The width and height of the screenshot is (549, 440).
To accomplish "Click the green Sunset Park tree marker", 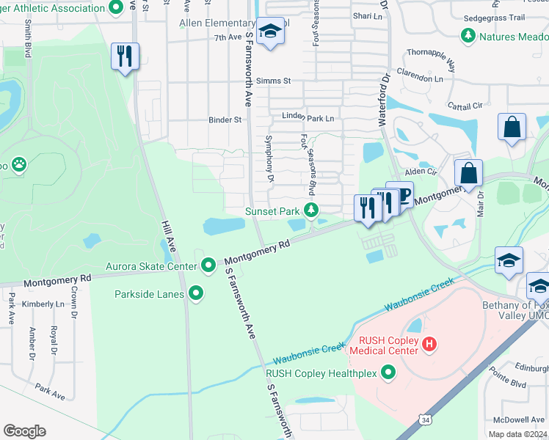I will pyautogui.click(x=312, y=211).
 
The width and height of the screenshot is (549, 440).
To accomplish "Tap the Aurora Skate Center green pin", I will pyautogui.click(x=208, y=264).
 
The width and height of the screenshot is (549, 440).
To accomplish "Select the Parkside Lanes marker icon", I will pyautogui.click(x=196, y=294).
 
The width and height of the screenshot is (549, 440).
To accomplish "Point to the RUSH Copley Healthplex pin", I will pyautogui.click(x=389, y=374).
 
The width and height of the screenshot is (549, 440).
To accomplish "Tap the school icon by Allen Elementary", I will pyautogui.click(x=272, y=32).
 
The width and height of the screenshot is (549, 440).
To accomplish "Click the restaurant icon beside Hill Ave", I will pyautogui.click(x=124, y=56).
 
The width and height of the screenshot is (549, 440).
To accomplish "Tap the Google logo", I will pyautogui.click(x=24, y=431).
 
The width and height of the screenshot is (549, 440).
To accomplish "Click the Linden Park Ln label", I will pyautogui.click(x=308, y=118).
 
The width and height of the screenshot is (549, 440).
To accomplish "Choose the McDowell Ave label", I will pyautogui.click(x=519, y=419).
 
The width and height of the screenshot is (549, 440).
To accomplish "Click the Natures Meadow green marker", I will pyautogui.click(x=467, y=34).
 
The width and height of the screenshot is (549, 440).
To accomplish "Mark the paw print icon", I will pyautogui.click(x=18, y=166).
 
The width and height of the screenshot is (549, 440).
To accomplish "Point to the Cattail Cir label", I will pyautogui.click(x=468, y=106).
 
